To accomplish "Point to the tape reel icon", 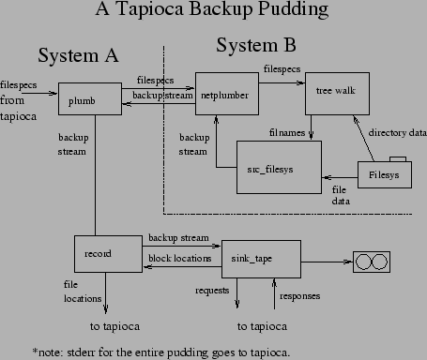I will pyautogui.click(x=373, y=260).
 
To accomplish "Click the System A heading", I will pyautogui.click(x=78, y=55).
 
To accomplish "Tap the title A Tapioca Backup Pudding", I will pyautogui.click(x=212, y=11).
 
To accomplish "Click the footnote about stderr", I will pyautogui.click(x=161, y=352).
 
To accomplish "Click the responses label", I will pyautogui.click(x=300, y=295).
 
